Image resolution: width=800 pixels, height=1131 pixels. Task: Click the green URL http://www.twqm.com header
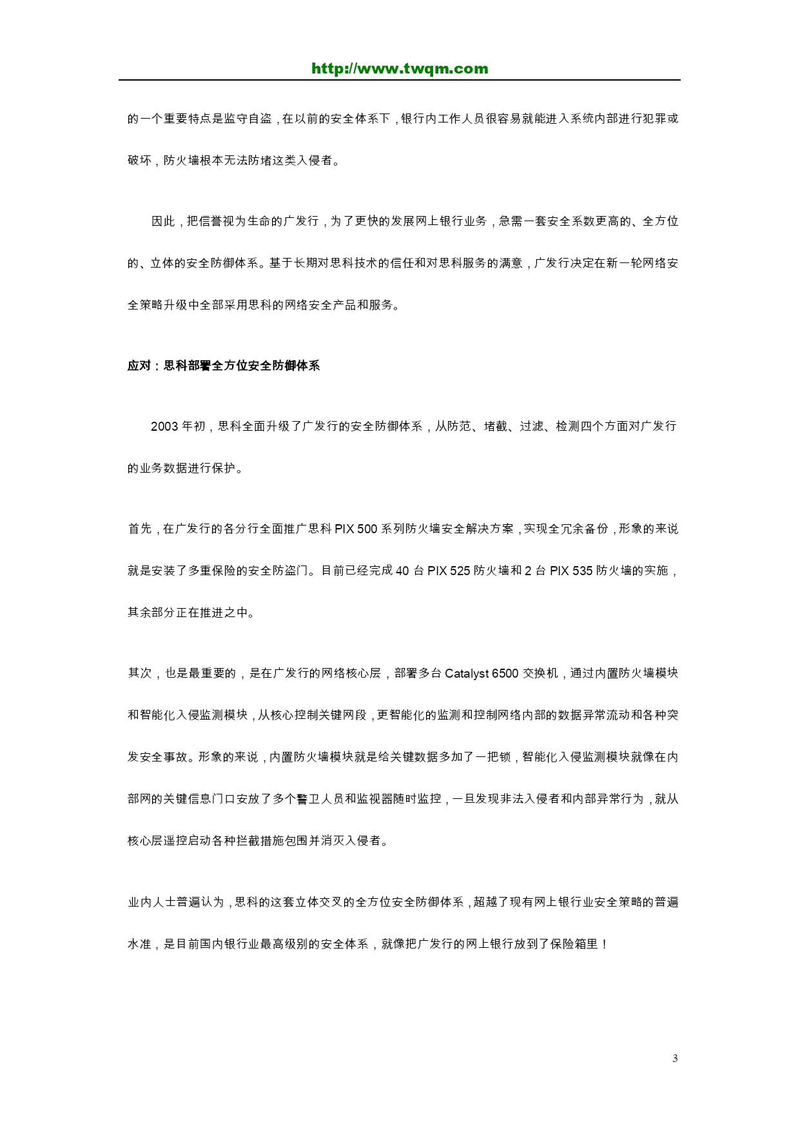click(x=400, y=68)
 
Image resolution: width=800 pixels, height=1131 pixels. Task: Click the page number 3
click(x=675, y=1058)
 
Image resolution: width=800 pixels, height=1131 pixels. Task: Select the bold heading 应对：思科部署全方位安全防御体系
click(x=224, y=366)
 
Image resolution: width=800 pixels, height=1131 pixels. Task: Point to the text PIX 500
click(x=355, y=529)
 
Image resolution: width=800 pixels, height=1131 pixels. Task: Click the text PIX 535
click(x=571, y=571)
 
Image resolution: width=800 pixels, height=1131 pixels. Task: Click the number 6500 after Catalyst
click(x=505, y=673)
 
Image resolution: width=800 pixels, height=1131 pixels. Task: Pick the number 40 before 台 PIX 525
click(x=402, y=571)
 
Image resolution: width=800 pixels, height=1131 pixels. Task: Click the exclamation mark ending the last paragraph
click(x=604, y=944)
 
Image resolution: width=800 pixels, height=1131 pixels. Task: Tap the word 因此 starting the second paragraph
click(x=163, y=221)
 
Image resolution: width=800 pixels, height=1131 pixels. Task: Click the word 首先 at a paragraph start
click(x=140, y=529)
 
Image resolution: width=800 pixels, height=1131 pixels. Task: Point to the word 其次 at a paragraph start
click(x=140, y=673)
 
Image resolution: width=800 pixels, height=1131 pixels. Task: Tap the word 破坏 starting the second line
click(x=140, y=161)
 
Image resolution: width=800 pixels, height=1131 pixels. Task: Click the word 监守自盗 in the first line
click(x=248, y=119)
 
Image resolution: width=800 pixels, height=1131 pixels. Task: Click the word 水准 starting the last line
click(x=140, y=944)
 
